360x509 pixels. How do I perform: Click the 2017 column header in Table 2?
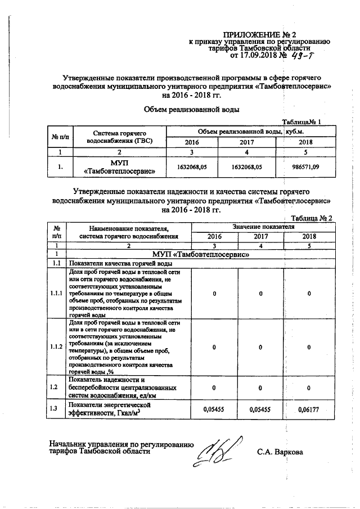(x=261, y=237)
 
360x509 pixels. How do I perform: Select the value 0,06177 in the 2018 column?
(x=308, y=409)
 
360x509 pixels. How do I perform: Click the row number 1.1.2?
(x=57, y=347)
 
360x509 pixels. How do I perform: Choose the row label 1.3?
(x=55, y=409)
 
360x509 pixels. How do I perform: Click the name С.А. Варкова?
(x=280, y=452)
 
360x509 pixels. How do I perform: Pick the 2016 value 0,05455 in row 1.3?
(x=214, y=409)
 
